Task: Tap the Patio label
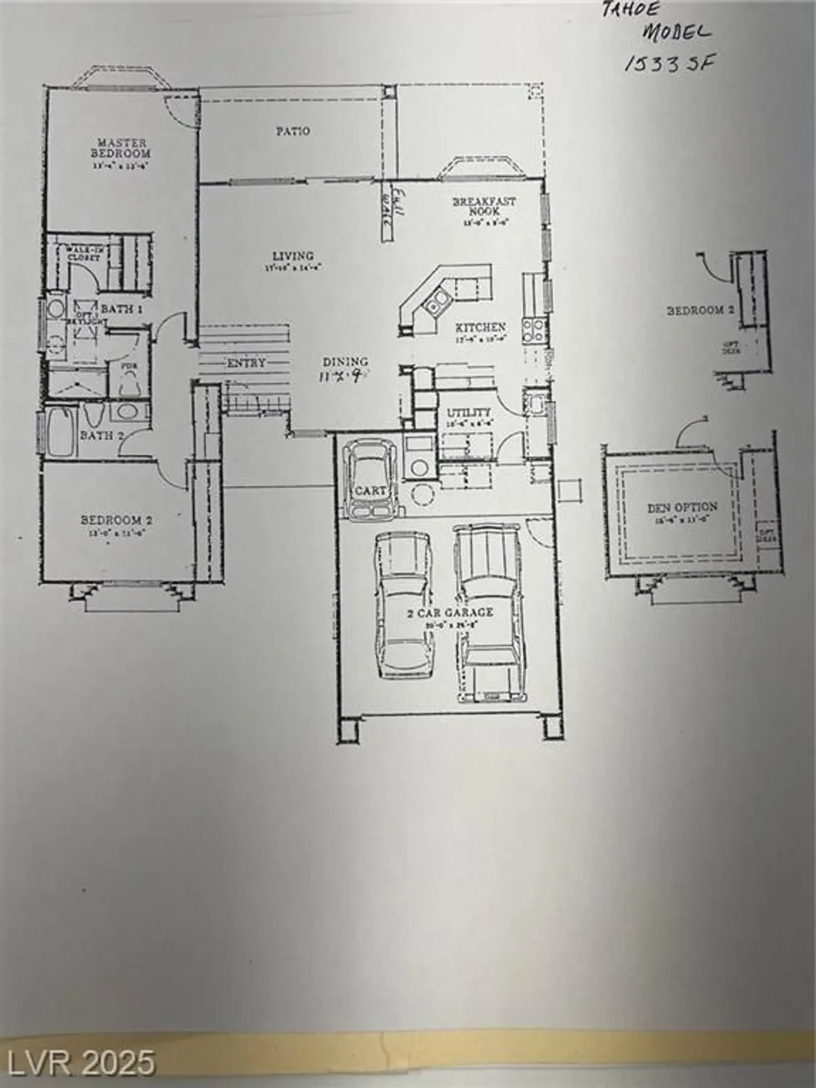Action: point(293,131)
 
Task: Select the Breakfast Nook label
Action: point(485,207)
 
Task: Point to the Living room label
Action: point(293,256)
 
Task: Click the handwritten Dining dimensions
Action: point(340,376)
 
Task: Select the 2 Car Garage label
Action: point(450,613)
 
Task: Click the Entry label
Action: point(247,363)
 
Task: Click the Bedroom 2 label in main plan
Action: point(116,520)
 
